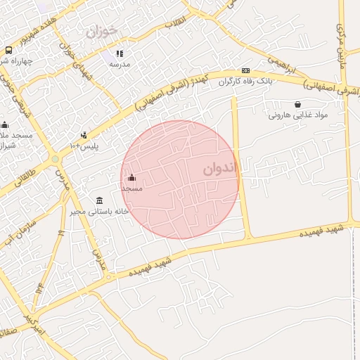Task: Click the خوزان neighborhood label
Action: click(x=102, y=32)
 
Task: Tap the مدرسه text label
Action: click(x=120, y=64)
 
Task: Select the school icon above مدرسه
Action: click(x=120, y=53)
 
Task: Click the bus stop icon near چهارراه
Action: click(x=8, y=50)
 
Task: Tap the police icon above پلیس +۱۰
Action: click(x=84, y=135)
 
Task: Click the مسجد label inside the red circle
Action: click(x=131, y=188)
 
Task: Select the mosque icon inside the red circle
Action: click(x=131, y=178)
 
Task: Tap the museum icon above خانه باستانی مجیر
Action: click(x=99, y=200)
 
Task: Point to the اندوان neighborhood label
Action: click(x=222, y=169)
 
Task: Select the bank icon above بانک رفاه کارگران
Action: click(x=245, y=70)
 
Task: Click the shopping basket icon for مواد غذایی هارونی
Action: click(x=297, y=104)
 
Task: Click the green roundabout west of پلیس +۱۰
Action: click(x=55, y=159)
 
